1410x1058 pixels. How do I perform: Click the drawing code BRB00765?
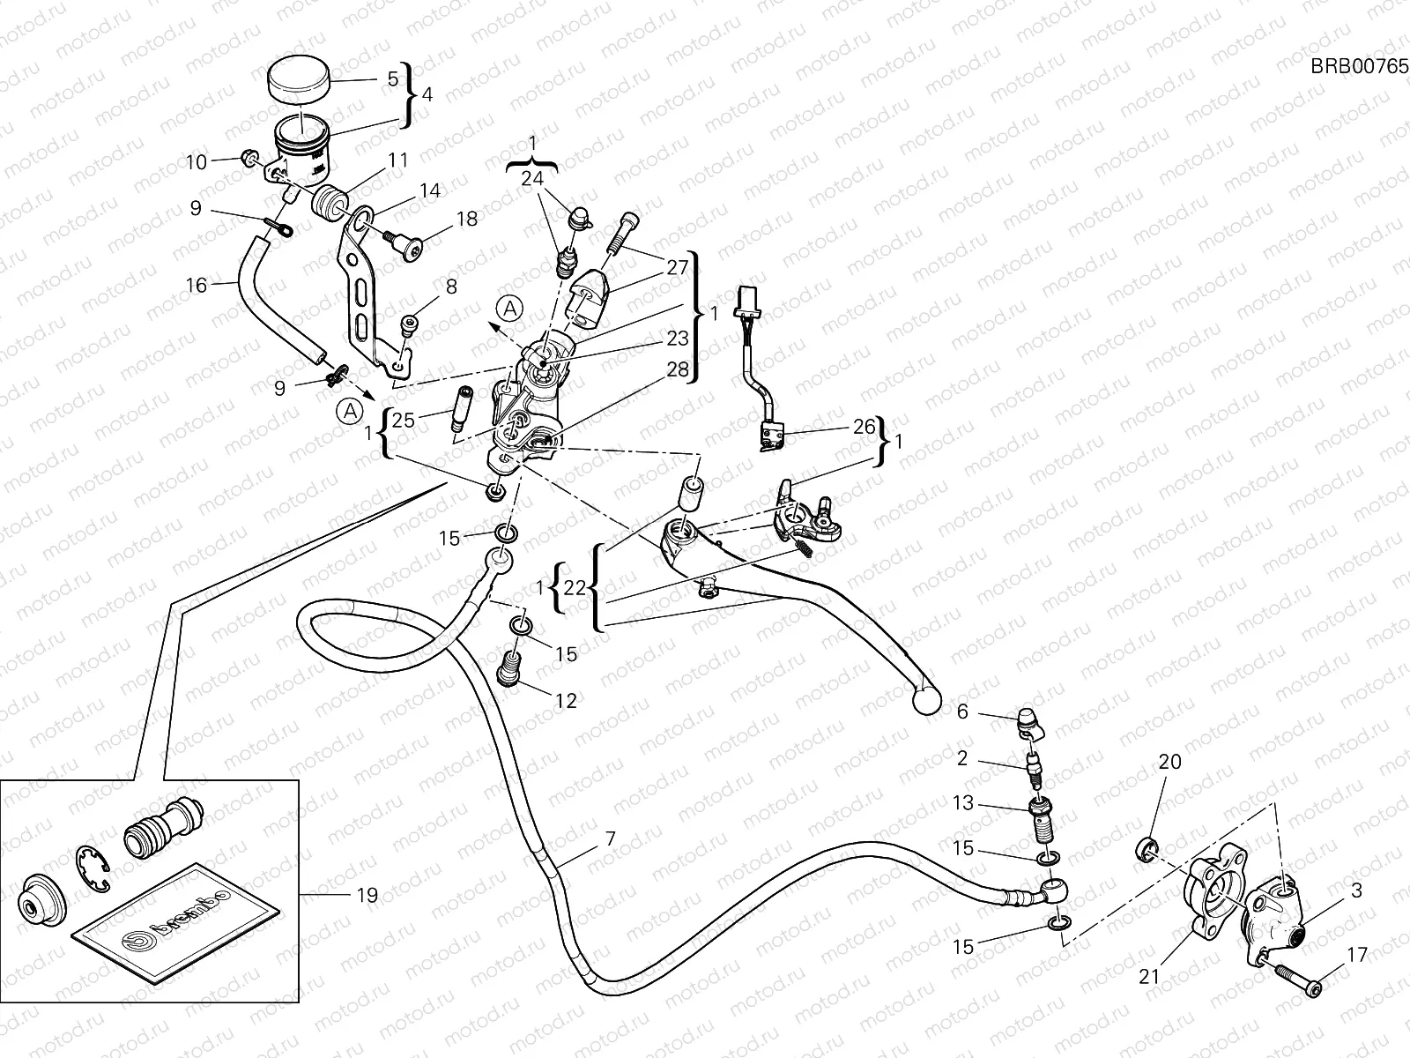coord(1359,67)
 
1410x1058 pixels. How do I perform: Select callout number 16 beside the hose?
coord(197,285)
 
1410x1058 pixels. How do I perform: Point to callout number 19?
coord(367,895)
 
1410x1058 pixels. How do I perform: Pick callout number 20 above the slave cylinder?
coord(1169,762)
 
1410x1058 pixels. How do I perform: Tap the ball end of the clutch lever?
coord(924,699)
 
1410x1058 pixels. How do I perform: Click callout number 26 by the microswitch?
coord(865,428)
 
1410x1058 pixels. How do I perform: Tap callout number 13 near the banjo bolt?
coord(963,803)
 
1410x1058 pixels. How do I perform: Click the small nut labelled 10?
coord(250,158)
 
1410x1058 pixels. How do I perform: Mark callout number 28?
coord(677,369)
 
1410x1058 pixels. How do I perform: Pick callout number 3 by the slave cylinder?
coord(1356,890)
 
